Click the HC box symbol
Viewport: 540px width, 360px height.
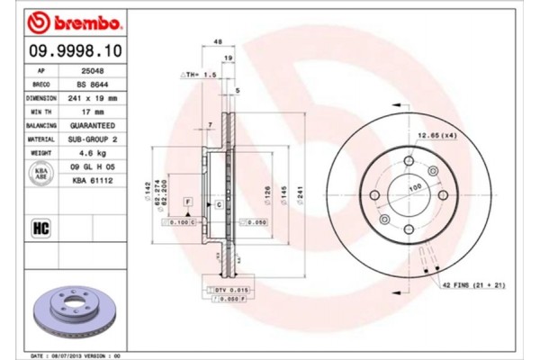[40, 227]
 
